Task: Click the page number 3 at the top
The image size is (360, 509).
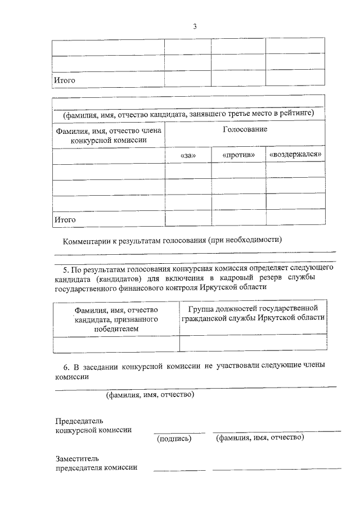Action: pyautogui.click(x=195, y=26)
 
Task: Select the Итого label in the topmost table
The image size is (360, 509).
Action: pyautogui.click(x=64, y=80)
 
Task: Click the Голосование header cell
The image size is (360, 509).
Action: pyautogui.click(x=245, y=130)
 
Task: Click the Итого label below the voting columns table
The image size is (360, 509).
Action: pyautogui.click(x=64, y=219)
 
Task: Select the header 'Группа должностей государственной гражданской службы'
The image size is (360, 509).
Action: pyautogui.click(x=253, y=313)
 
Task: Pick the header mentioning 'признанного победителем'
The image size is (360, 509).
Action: pyautogui.click(x=116, y=319)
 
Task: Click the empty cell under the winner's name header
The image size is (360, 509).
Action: pyautogui.click(x=116, y=343)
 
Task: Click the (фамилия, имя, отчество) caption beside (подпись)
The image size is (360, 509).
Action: pyautogui.click(x=260, y=437)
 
